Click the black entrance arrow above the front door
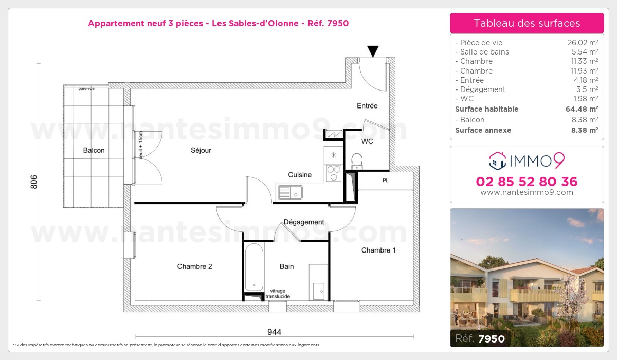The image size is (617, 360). pos(373,51)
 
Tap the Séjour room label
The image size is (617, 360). pos(201,151)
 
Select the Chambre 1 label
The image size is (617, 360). pos(378,250)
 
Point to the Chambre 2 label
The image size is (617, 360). pos(194,266)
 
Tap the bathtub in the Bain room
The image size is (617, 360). pos(254,267)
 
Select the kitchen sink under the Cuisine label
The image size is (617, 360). pos(290,192)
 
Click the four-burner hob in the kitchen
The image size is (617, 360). pos(333,173)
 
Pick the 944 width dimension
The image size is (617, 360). pos(274,332)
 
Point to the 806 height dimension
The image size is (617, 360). pos(34,182)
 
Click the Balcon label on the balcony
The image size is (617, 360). pos(94,151)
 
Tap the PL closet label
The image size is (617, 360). pos(385,181)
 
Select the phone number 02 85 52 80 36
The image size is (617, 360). pos(527,182)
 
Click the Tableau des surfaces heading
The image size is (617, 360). pos(527,23)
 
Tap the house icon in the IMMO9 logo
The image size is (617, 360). pos(497,161)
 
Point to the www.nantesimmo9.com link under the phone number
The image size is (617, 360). pos(527,192)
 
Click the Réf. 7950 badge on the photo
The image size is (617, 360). pos(478,338)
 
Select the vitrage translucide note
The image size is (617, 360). pos(278,294)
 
